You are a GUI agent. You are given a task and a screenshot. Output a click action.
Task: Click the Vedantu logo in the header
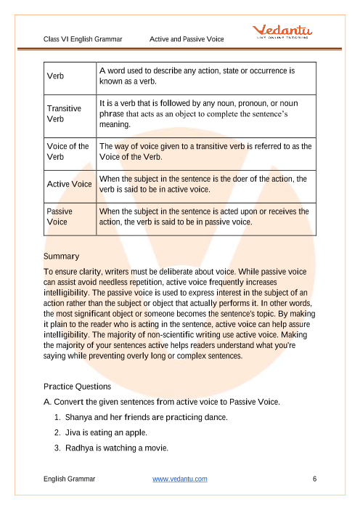282,32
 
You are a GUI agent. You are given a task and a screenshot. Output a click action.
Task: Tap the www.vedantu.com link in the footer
180,479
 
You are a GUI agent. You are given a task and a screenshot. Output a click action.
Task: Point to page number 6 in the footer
314,479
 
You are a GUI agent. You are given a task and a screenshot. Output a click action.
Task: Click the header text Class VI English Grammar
82,39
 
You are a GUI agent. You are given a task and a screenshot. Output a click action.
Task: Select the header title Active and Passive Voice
187,39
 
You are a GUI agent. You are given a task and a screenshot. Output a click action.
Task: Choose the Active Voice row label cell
70,184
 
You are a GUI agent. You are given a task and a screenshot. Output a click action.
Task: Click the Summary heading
62,256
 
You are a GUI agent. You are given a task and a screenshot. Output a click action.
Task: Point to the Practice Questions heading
78,386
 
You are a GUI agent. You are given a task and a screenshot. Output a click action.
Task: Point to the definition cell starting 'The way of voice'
206,151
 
